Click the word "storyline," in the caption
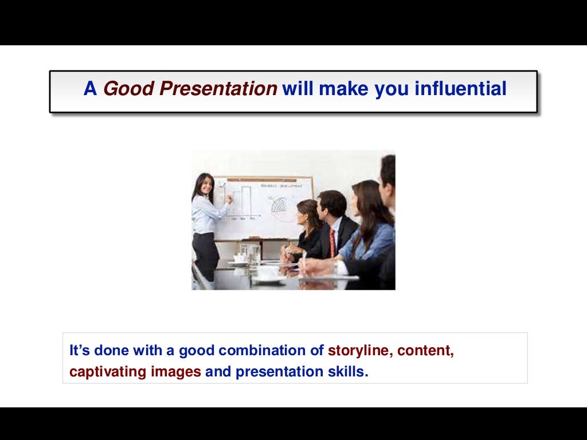point(359,351)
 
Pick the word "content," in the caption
point(425,351)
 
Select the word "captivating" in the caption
point(108,372)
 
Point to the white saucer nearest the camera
point(267,278)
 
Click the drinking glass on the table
point(252,254)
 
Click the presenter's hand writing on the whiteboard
point(230,198)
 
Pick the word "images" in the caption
point(176,372)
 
